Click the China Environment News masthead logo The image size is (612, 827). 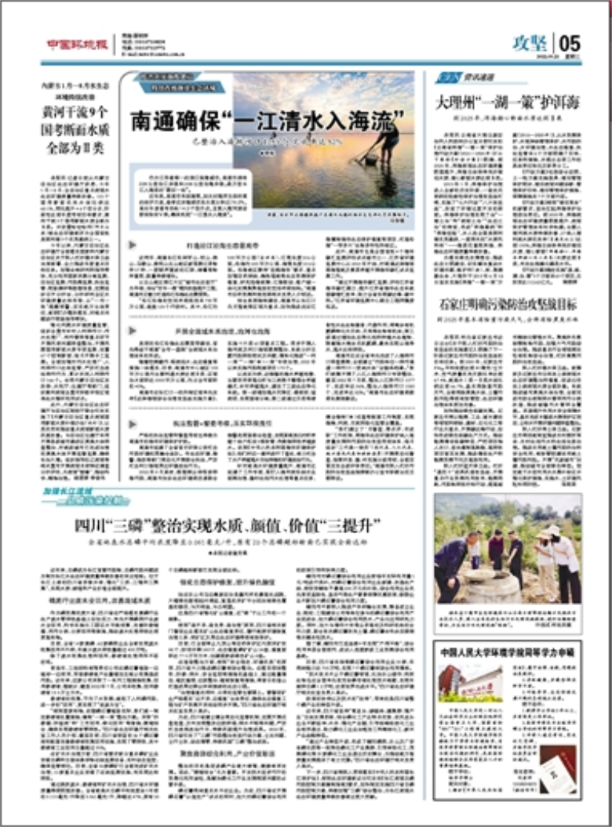pos(75,44)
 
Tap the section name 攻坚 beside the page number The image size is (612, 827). pos(530,42)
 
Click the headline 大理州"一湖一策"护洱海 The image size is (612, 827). pos(508,103)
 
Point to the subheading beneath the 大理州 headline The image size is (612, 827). pos(507,118)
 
